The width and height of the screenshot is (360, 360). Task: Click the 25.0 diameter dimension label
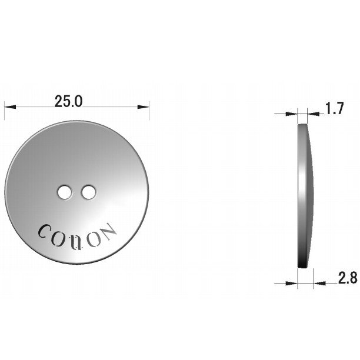[68, 102]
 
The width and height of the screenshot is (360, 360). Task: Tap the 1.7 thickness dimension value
[335, 108]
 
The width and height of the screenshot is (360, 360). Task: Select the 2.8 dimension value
[348, 278]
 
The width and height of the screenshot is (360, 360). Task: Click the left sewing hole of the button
[65, 192]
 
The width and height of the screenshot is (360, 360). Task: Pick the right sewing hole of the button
[88, 192]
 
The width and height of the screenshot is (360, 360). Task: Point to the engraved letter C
[44, 231]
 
